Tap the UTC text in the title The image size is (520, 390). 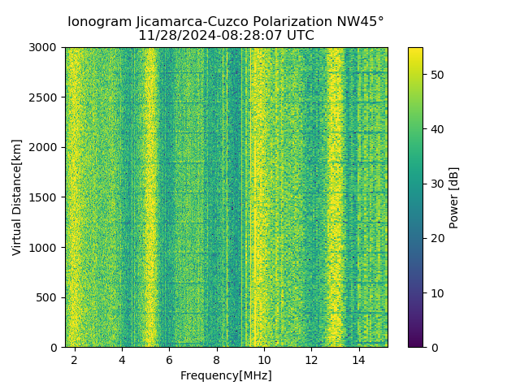pyautogui.click(x=299, y=36)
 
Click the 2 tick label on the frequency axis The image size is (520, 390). pyautogui.click(x=75, y=359)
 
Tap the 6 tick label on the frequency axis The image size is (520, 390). pyautogui.click(x=169, y=359)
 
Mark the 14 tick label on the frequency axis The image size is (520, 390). pyautogui.click(x=358, y=359)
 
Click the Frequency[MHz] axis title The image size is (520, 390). pyautogui.click(x=226, y=375)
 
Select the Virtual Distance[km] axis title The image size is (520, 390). pyautogui.click(x=17, y=197)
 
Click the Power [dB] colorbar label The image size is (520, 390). pyautogui.click(x=454, y=197)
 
